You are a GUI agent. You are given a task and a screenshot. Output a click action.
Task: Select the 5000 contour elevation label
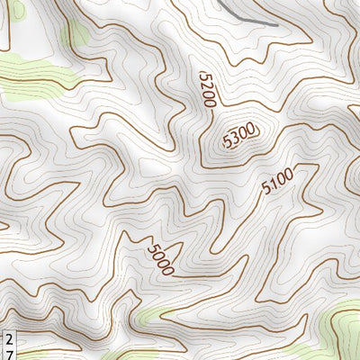160,259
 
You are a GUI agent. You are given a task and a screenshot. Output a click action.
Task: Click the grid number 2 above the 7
8,337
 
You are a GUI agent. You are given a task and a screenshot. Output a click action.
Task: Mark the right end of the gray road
266,20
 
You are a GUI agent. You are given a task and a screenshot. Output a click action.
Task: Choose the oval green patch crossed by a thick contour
76,33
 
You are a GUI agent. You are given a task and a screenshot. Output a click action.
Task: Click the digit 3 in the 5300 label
235,139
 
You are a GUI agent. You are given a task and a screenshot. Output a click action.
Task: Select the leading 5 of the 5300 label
227,142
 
